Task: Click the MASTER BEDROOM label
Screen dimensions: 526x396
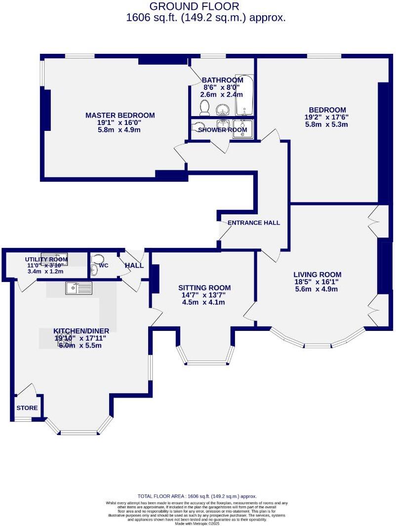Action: (120, 116)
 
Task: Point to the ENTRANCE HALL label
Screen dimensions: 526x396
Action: (254, 223)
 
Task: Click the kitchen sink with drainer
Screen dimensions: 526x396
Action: (79, 287)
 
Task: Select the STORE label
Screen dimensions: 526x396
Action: (27, 408)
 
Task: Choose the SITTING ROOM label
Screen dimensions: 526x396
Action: (204, 288)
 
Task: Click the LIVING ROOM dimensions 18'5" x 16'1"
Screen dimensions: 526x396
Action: (317, 283)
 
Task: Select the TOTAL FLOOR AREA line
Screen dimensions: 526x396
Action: (197, 496)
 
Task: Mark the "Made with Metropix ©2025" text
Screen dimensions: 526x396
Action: (198, 524)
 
